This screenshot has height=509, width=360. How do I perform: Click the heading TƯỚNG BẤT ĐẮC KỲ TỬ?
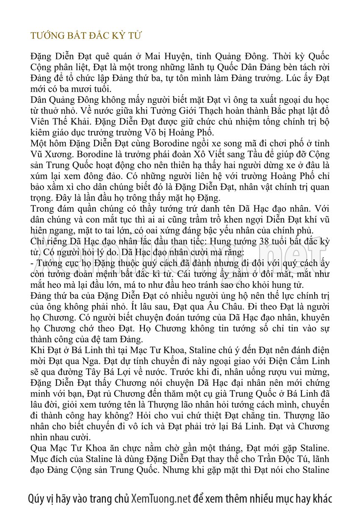[86, 36]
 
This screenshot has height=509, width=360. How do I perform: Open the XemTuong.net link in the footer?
[161, 498]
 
